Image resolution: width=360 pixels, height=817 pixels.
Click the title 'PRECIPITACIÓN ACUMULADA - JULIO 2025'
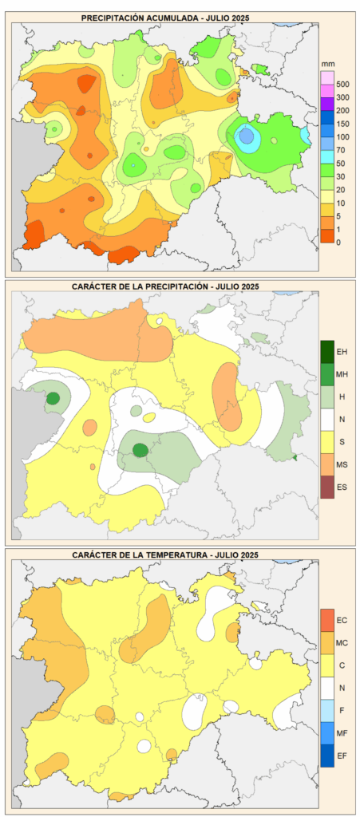(x=165, y=18)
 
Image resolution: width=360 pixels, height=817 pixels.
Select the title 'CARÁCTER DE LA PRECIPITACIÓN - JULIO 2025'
(x=165, y=286)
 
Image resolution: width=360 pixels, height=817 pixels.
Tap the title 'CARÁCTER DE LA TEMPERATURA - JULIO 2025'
(x=165, y=555)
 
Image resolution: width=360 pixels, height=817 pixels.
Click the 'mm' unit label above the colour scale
(x=326, y=63)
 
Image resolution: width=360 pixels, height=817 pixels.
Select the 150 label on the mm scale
(x=342, y=124)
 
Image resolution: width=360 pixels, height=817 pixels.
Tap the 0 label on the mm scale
(x=338, y=243)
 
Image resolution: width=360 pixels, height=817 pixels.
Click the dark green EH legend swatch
(x=327, y=352)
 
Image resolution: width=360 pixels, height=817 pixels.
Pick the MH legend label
(x=342, y=374)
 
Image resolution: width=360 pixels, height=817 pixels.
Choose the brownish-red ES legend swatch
(x=327, y=487)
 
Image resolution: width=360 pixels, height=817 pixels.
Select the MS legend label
(x=342, y=464)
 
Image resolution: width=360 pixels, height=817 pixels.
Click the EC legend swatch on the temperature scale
(x=327, y=620)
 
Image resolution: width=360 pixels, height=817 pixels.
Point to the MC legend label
(x=342, y=643)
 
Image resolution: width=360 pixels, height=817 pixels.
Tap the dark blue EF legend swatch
(x=327, y=756)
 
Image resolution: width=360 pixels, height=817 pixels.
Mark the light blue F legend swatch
(x=327, y=710)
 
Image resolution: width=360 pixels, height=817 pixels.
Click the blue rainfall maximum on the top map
(x=247, y=136)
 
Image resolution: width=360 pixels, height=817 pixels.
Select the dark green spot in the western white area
(x=53, y=399)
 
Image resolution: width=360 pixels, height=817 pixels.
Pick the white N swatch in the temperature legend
(x=327, y=688)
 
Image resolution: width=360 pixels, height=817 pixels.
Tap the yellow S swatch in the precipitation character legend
(x=327, y=442)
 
